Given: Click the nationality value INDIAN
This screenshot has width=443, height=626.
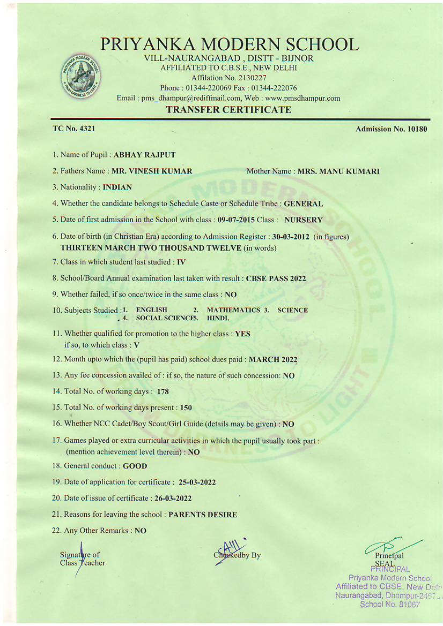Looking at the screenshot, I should (117, 187).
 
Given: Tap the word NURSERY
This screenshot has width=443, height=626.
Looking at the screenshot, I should (304, 220).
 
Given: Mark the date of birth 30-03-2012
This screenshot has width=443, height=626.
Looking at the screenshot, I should (291, 236).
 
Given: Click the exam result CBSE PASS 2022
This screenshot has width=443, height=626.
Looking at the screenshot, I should (276, 278).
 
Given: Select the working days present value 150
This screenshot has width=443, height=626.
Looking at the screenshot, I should (186, 408).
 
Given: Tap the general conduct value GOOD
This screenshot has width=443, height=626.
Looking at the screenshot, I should (135, 466).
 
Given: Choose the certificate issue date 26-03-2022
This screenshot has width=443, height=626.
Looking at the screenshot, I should (173, 498).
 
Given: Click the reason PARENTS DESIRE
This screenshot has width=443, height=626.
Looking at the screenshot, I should (203, 515).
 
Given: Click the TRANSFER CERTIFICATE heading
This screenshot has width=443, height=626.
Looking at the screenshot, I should (229, 110).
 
